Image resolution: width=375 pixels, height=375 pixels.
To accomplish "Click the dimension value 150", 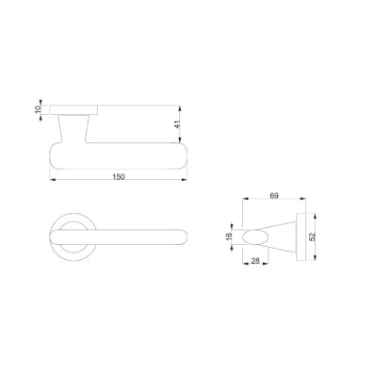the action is tap(119, 177).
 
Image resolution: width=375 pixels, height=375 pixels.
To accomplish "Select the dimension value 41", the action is tap(178, 124).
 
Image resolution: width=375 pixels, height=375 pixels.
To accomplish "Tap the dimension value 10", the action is tap(38, 109).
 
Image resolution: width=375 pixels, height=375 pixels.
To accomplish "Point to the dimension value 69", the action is tap(274, 196).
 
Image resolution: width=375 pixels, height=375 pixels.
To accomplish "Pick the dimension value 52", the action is tap(312, 236).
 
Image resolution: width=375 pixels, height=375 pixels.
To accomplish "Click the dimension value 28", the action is tap(255, 261).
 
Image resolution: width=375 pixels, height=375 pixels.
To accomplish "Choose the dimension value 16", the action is tap(229, 236).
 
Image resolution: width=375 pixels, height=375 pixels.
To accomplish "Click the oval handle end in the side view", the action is tap(255, 236).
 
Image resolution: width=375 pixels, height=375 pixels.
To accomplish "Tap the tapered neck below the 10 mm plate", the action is tap(73, 129).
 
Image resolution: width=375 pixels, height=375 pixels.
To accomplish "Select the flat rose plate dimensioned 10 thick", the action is tap(73, 110).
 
